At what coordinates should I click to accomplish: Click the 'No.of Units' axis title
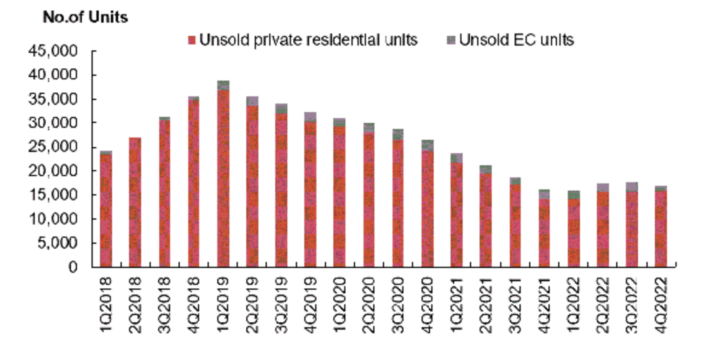click(x=85, y=18)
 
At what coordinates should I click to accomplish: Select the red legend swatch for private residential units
click(x=192, y=41)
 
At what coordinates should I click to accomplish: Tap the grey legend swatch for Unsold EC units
click(x=451, y=41)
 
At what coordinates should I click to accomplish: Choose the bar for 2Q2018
click(x=135, y=203)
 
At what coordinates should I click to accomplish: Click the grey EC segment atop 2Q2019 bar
click(x=252, y=101)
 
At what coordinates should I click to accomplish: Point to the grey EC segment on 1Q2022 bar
click(x=573, y=195)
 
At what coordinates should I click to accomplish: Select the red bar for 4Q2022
click(x=661, y=228)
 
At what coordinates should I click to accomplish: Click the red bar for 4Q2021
click(x=544, y=233)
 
